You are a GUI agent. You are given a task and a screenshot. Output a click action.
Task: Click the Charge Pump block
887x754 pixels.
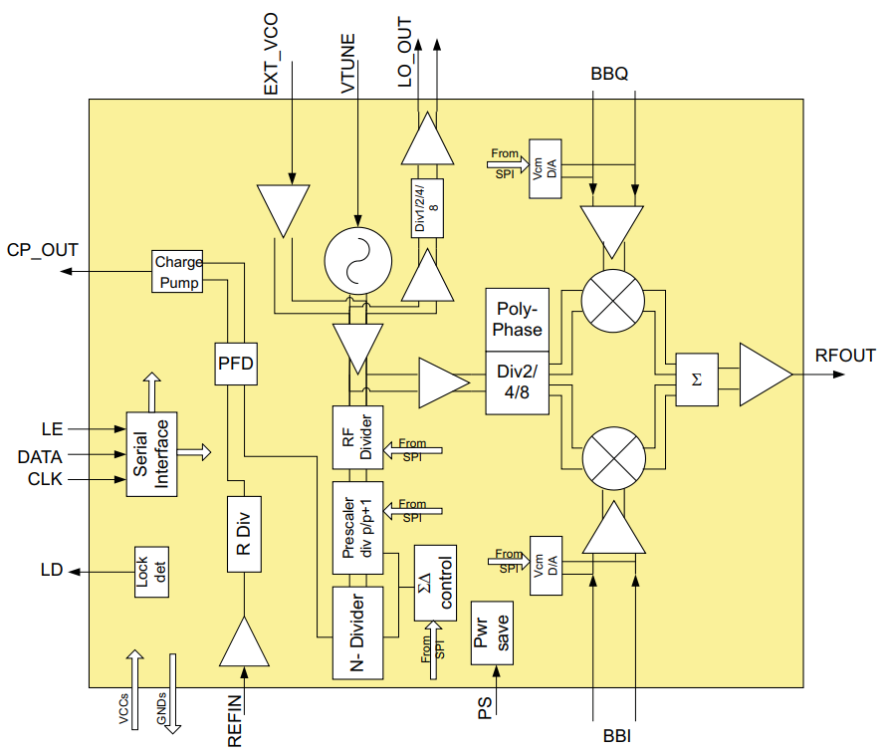point(178,272)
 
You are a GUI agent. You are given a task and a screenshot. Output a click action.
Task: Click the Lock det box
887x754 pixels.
point(149,572)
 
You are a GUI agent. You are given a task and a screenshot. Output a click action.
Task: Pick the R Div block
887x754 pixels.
point(244,535)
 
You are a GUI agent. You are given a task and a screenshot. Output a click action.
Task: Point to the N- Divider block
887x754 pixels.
point(358,633)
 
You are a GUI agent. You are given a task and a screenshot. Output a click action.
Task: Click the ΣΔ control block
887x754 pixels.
point(435,583)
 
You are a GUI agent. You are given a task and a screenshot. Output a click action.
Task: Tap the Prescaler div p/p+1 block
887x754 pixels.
point(356,528)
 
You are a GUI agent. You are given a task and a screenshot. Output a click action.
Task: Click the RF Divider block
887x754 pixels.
point(356,437)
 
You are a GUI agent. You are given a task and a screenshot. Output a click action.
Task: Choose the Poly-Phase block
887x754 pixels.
point(518,319)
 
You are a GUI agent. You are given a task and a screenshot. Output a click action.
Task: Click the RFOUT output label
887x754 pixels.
point(844,356)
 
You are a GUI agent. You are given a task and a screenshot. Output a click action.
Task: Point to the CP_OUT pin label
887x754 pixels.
point(42,251)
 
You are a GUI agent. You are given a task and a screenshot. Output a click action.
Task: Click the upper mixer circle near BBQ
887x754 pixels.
point(612,300)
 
